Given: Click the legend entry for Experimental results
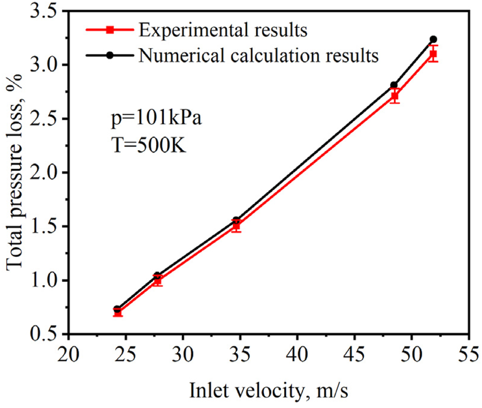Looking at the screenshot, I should click(222, 30).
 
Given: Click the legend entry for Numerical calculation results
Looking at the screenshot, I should click(258, 55).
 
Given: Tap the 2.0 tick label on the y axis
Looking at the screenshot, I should click(43, 173).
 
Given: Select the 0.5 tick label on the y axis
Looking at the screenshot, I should click(43, 334).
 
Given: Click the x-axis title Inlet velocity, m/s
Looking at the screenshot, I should click(268, 391).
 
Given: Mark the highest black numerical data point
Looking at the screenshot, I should click(433, 40).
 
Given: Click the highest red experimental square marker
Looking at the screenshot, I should click(433, 54).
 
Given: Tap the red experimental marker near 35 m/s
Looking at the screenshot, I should click(236, 226).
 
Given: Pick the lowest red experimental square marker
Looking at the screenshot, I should click(118, 312).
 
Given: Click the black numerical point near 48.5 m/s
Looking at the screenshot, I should click(394, 85).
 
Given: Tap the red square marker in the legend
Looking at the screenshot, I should click(110, 30).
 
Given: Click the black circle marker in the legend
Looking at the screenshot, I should click(110, 55).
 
